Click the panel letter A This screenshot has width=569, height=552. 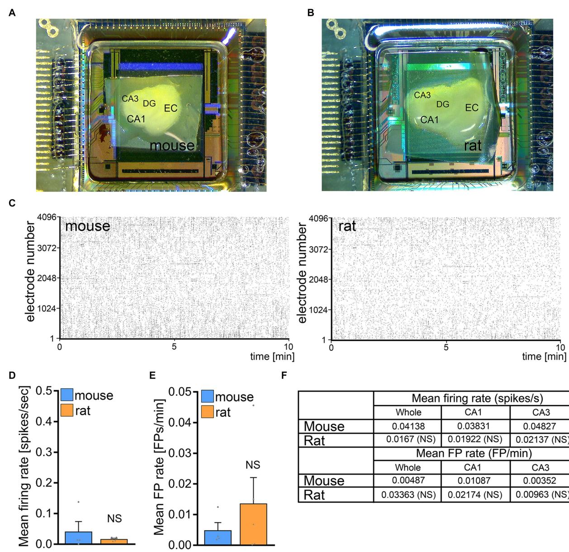click(x=12, y=13)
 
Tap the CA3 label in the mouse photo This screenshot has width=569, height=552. click(x=130, y=98)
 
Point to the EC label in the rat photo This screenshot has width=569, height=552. click(x=472, y=108)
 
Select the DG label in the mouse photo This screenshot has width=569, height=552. click(x=149, y=104)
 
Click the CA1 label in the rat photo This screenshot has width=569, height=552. click(x=429, y=120)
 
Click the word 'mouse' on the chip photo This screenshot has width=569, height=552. click(x=172, y=146)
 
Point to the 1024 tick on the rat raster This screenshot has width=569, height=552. click(x=320, y=310)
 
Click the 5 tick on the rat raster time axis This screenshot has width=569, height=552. click(x=446, y=347)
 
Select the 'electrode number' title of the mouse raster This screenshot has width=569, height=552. click(x=30, y=271)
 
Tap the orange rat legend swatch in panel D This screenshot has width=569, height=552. click(x=67, y=410)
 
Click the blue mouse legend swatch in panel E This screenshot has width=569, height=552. click(x=207, y=396)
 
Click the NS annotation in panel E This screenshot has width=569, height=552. click(x=253, y=465)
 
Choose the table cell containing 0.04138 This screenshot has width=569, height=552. click(x=408, y=426)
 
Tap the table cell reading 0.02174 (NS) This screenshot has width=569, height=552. click(x=475, y=495)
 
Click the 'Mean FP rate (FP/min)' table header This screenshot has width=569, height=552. click(x=474, y=453)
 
